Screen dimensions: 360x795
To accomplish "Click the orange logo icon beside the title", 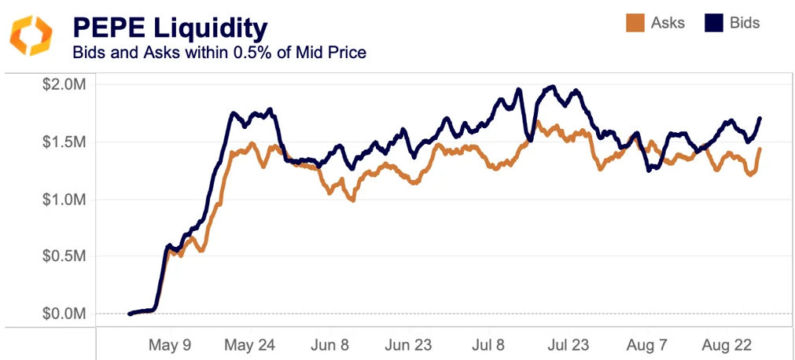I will click(31, 35).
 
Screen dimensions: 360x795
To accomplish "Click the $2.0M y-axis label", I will click(64, 85).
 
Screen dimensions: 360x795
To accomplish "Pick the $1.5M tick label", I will click(64, 142).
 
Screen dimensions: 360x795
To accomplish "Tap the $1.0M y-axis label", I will click(64, 200).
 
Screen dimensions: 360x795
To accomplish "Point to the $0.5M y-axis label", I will click(64, 256).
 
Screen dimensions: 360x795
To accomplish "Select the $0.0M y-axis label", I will click(64, 314).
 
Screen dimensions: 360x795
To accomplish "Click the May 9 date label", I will click(169, 345).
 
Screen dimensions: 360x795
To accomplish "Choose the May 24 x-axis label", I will click(249, 345).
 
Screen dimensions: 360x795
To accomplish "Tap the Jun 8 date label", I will click(331, 345).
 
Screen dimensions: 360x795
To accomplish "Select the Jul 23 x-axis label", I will click(568, 345).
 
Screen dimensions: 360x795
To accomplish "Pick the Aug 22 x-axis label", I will click(725, 345).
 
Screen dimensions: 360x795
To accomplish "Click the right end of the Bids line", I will click(760, 119).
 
